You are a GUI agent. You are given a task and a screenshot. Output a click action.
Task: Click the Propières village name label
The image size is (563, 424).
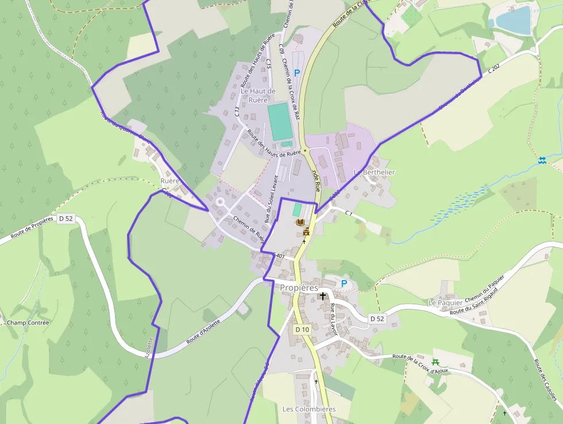(299, 287)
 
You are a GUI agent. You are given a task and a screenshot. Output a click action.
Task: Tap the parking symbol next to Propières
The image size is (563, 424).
(344, 283)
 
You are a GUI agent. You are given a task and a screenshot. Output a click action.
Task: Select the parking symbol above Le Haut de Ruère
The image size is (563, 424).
(296, 73)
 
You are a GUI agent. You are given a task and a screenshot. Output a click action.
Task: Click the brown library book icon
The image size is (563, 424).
(299, 222)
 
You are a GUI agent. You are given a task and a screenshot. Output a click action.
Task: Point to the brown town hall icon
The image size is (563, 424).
(306, 231)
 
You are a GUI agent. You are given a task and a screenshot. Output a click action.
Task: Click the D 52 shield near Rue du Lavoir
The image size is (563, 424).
(376, 318)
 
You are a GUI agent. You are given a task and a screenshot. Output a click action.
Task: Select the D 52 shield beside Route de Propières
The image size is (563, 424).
(65, 218)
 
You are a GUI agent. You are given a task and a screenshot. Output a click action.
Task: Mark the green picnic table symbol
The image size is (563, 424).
(435, 362)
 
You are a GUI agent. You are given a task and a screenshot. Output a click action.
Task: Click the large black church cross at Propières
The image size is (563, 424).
(323, 296)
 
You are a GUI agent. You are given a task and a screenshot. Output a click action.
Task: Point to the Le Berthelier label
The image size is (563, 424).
(374, 172)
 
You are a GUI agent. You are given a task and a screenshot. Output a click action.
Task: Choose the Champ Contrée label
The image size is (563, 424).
(28, 323)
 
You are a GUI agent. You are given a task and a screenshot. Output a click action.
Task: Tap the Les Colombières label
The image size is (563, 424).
(309, 409)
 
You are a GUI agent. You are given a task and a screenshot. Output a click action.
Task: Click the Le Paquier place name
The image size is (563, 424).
(445, 302)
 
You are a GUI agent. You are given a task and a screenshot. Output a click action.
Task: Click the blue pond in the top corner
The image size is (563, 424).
(513, 20)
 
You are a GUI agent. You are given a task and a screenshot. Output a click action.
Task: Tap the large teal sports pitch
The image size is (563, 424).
(280, 121)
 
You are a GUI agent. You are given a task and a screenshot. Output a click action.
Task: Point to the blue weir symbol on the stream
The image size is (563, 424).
(542, 160)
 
